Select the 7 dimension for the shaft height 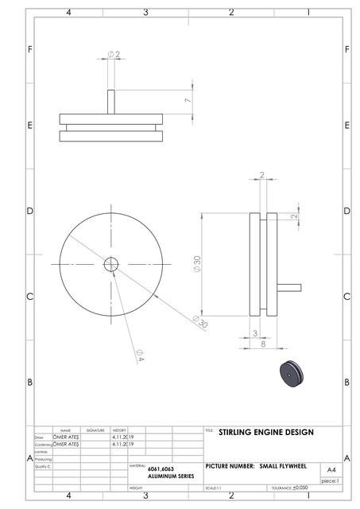(187, 101)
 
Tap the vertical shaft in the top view (111, 102)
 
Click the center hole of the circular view (110, 263)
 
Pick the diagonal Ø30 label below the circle (199, 321)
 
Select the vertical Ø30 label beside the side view (196, 264)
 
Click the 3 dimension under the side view (254, 333)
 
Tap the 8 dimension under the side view (261, 344)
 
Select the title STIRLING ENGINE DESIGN (265, 433)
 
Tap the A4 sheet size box (331, 470)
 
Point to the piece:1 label (330, 481)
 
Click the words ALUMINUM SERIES (171, 476)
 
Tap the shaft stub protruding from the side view (290, 287)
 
